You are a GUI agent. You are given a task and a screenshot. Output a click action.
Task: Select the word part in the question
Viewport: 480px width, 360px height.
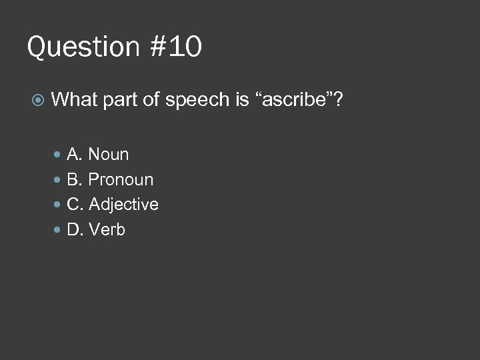point(121,101)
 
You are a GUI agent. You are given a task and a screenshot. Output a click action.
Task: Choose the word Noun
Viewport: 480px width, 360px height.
point(109,155)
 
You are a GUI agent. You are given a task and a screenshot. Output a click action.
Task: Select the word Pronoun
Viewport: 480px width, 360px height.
point(121,180)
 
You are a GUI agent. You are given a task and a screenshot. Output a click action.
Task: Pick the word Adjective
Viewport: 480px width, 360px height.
point(123,205)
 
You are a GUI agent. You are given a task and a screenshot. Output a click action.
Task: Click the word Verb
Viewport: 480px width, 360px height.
point(107,230)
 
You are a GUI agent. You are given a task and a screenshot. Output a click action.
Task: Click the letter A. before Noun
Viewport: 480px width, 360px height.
point(75,155)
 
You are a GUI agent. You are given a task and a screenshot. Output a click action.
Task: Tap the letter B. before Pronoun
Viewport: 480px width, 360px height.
point(75,180)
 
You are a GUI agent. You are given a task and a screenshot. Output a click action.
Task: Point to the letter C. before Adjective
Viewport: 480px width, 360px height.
point(75,205)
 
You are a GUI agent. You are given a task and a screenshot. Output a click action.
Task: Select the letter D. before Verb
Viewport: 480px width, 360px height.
point(75,230)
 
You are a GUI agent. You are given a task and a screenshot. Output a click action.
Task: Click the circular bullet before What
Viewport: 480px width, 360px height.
point(39,101)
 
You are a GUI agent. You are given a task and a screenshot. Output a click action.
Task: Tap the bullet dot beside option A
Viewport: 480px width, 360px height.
point(58,155)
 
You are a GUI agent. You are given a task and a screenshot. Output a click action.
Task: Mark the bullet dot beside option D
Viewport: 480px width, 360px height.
point(58,230)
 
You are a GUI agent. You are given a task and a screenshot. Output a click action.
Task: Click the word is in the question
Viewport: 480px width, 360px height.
point(241,100)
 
